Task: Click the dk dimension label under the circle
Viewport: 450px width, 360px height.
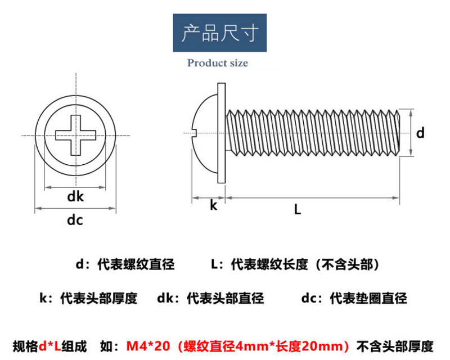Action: [x=75, y=196]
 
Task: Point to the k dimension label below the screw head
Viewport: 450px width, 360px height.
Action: [x=213, y=205]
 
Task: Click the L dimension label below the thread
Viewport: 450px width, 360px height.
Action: [x=298, y=210]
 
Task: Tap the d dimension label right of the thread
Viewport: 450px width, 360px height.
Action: [x=420, y=133]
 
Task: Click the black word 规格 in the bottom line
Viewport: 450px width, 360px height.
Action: [x=24, y=344]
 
